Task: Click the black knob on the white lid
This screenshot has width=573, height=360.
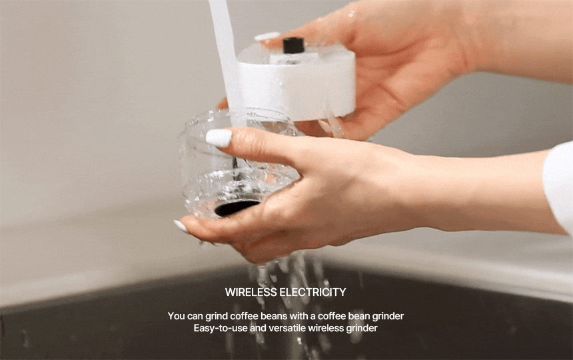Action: [293, 45]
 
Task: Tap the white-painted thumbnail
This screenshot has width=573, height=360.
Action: [219, 138]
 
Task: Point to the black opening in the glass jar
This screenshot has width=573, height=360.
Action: [237, 207]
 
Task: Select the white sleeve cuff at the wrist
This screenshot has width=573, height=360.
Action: [559, 187]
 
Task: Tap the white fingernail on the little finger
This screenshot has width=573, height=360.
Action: [181, 226]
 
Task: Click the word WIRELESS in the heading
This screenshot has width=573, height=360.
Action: [251, 292]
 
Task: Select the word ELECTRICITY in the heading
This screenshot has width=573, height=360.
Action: [312, 292]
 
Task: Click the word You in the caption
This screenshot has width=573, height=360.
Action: [176, 316]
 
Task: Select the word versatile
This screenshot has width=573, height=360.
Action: [288, 328]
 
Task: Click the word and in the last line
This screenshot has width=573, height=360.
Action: [258, 328]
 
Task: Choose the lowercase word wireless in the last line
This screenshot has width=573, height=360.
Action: [326, 328]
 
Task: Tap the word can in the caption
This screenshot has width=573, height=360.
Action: [195, 316]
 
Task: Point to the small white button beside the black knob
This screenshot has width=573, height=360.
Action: [267, 36]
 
